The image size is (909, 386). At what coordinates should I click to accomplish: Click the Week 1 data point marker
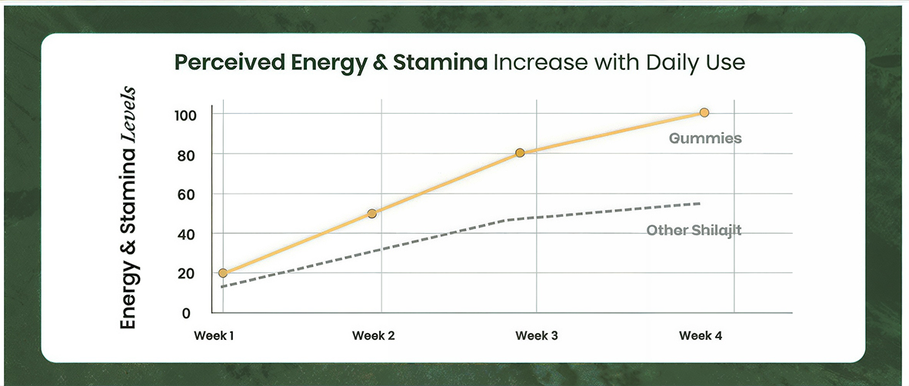click(223, 273)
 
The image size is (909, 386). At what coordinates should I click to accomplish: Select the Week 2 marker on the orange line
click(372, 213)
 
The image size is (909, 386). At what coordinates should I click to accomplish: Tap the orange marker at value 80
click(520, 153)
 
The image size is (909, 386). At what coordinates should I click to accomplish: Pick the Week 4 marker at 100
click(704, 112)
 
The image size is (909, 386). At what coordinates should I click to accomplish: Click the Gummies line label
click(705, 139)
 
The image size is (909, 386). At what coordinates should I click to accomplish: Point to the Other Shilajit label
click(694, 230)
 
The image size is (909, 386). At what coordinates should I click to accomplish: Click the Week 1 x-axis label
click(214, 336)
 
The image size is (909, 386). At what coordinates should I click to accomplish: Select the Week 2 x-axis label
click(374, 336)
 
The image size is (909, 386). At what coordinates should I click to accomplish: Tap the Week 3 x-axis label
click(537, 336)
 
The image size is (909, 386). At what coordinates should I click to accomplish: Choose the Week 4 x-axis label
click(701, 336)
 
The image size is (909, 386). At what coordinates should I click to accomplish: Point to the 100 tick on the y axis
click(189, 115)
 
